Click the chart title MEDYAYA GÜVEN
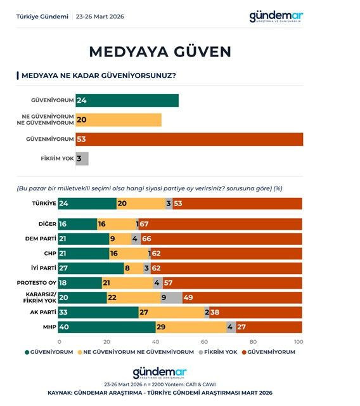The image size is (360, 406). coord(159,51)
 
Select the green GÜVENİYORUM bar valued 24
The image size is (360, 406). coord(127,100)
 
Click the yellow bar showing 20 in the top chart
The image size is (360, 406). coord(119,120)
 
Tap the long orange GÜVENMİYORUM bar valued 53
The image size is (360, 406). coord(189,139)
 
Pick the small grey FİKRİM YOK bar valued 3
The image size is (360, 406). coord(82,159)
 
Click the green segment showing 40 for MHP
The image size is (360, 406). coord(107,327)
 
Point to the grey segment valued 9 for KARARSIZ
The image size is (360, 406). coord(170,298)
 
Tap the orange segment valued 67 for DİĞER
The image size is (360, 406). coord(221,224)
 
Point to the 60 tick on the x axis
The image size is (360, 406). coord(205,341)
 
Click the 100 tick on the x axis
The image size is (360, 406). coord(299,341)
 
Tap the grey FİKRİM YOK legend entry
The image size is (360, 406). coord(219,351)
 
